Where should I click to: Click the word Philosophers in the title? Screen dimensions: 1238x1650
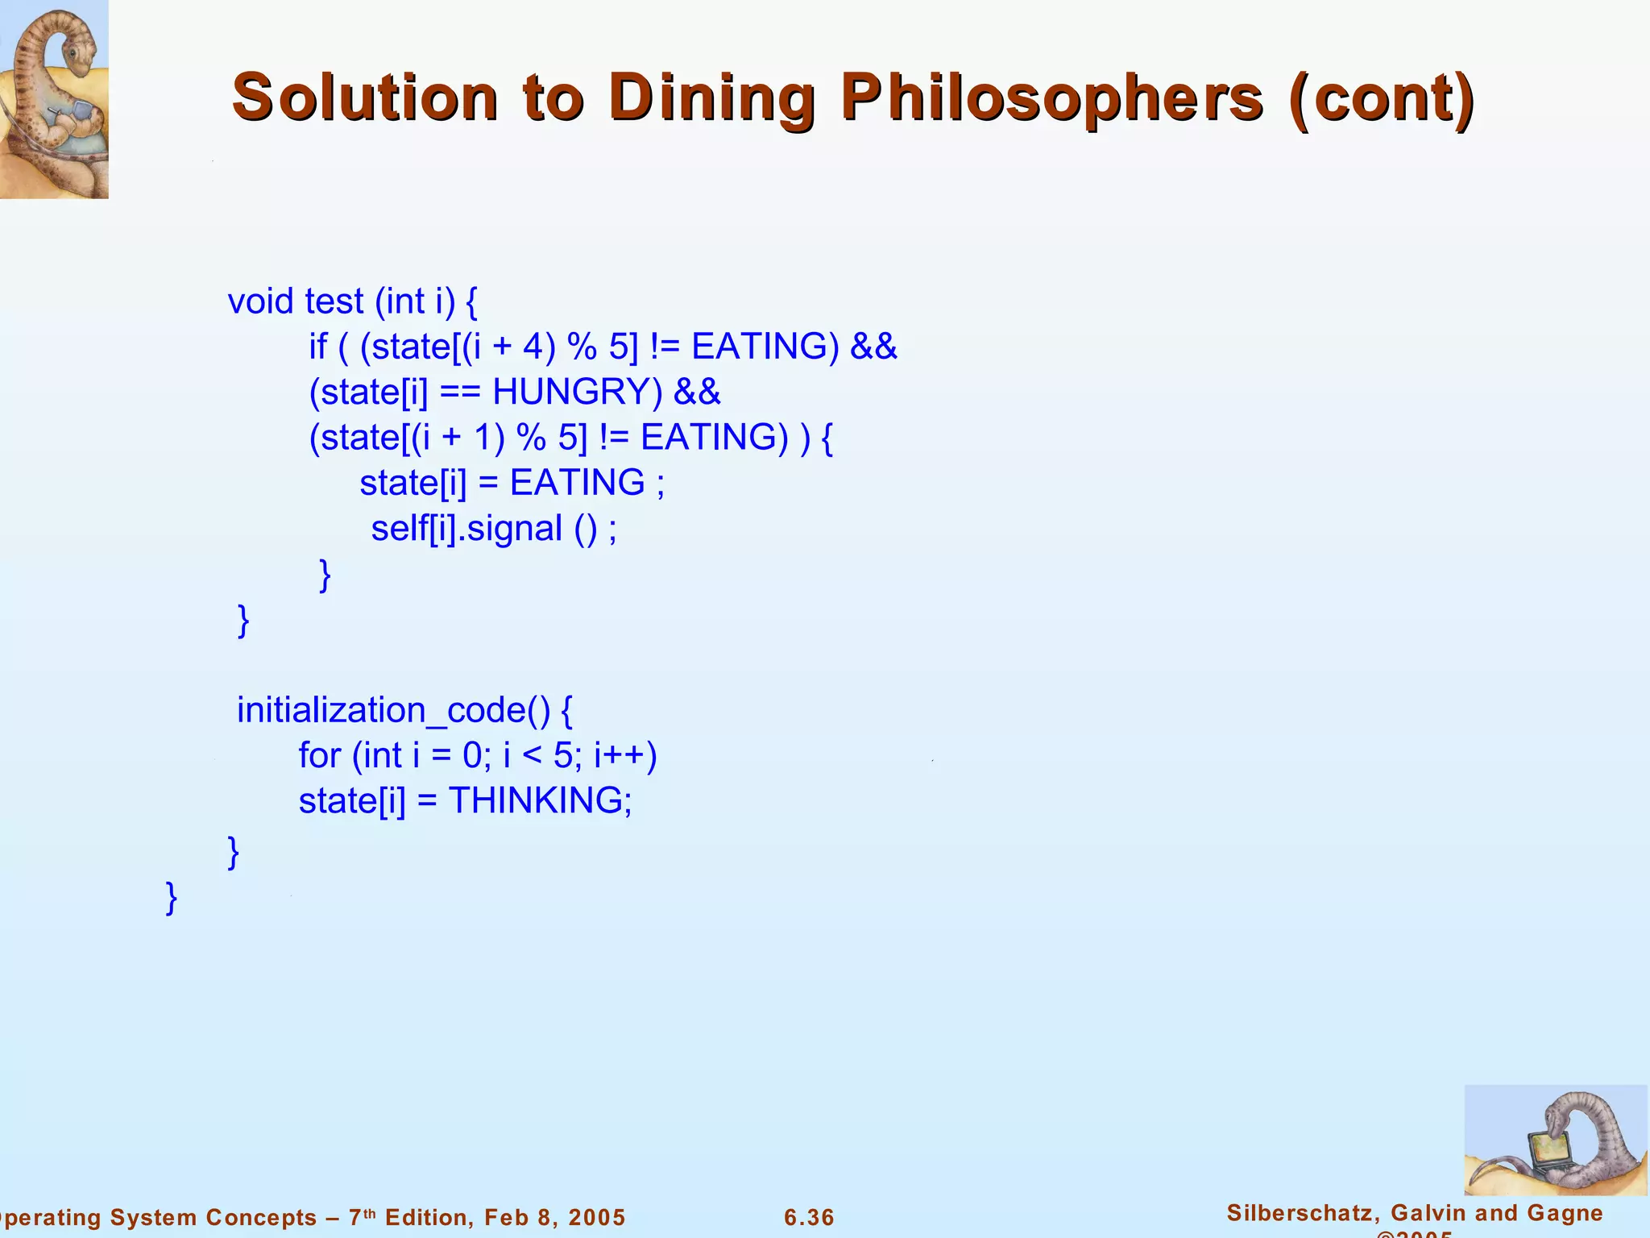[x=1052, y=98]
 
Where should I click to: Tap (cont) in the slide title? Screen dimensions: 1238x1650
[x=1382, y=98]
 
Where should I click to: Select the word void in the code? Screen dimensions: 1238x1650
[x=260, y=302]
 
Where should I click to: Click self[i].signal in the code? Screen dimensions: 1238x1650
[x=466, y=530]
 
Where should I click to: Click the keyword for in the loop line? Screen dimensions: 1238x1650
[x=319, y=756]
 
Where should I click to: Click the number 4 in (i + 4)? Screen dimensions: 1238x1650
[x=533, y=347]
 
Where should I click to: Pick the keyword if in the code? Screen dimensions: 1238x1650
[x=317, y=347]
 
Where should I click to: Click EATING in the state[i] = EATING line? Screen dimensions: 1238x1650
[x=577, y=484]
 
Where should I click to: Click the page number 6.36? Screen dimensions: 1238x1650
[x=809, y=1217]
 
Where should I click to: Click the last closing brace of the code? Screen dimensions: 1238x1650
[x=171, y=897]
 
